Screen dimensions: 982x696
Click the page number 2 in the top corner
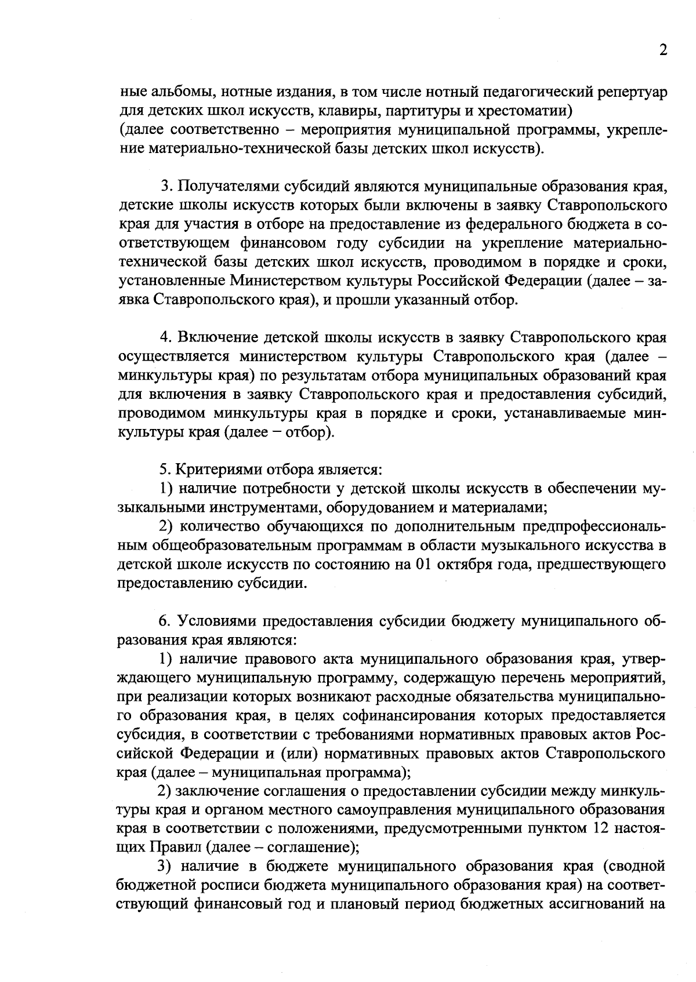663,50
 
